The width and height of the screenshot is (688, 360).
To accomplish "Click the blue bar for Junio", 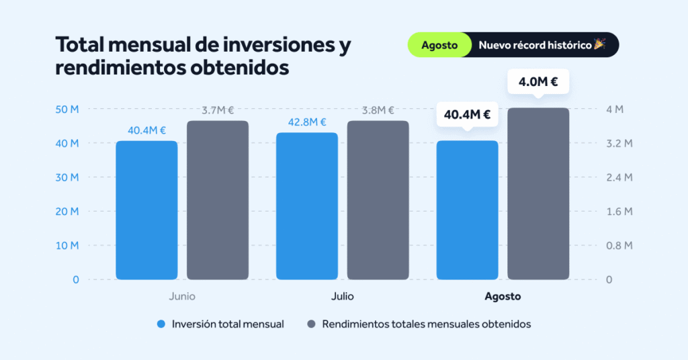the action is (146, 210).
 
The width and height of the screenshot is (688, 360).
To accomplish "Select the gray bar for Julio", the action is (378, 200).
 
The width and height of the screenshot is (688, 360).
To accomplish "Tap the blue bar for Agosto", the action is (468, 210).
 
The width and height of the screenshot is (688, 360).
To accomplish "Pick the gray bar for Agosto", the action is (538, 193).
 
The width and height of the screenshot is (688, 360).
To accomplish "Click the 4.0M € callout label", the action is (538, 81).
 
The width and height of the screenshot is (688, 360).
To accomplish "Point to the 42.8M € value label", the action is (307, 122).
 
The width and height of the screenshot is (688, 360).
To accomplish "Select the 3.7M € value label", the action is (218, 111).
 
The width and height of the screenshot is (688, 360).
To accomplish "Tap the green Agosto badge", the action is (439, 45).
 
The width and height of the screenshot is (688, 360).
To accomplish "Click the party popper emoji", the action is (600, 44).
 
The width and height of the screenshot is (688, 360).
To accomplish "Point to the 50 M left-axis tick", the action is (67, 109).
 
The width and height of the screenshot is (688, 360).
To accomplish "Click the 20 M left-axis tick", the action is (67, 212).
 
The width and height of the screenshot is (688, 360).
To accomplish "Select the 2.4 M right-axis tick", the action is (619, 177).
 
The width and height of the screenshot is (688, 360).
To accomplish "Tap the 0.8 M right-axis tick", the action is (619, 246).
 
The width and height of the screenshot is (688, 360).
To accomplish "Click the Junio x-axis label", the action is (182, 296).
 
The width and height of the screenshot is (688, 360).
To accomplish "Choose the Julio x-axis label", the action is (342, 296).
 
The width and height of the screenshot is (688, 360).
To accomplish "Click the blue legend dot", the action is (161, 324).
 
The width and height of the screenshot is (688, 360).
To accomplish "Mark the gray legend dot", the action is (311, 324).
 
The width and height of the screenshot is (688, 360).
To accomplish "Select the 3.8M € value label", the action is (378, 111).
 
